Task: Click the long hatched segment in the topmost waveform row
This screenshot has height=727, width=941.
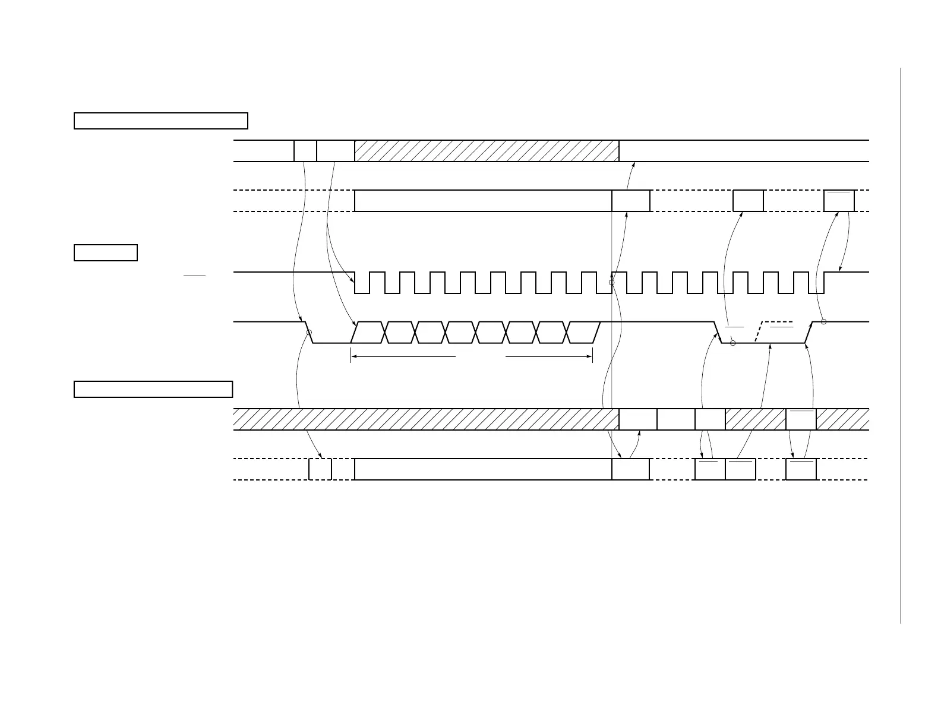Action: [487, 151]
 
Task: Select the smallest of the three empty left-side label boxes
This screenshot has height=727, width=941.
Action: [106, 252]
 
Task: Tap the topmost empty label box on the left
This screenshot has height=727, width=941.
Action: [160, 121]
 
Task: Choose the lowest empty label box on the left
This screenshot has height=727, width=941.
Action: [153, 389]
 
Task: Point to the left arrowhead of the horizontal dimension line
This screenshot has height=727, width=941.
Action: [353, 356]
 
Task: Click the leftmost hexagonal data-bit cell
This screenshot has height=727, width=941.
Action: [368, 333]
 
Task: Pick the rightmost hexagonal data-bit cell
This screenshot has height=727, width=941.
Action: [583, 333]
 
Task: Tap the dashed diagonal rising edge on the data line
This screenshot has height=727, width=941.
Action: [759, 332]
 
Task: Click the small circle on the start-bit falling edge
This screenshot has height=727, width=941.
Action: [309, 333]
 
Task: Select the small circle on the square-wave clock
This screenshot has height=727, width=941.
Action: [611, 282]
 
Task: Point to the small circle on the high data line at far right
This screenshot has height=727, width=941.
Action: [823, 322]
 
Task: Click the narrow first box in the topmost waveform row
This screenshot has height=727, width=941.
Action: [305, 151]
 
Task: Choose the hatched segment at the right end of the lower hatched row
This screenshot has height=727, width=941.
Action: [842, 419]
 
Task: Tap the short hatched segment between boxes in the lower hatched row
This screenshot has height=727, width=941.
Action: [755, 419]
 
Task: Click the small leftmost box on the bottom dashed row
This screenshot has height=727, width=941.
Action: [320, 469]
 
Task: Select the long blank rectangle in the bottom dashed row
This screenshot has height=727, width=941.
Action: [483, 469]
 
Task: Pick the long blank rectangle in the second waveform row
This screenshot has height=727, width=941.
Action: [483, 201]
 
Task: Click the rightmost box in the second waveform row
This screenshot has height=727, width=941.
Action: [839, 201]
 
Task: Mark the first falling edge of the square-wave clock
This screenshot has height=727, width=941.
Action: [355, 282]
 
